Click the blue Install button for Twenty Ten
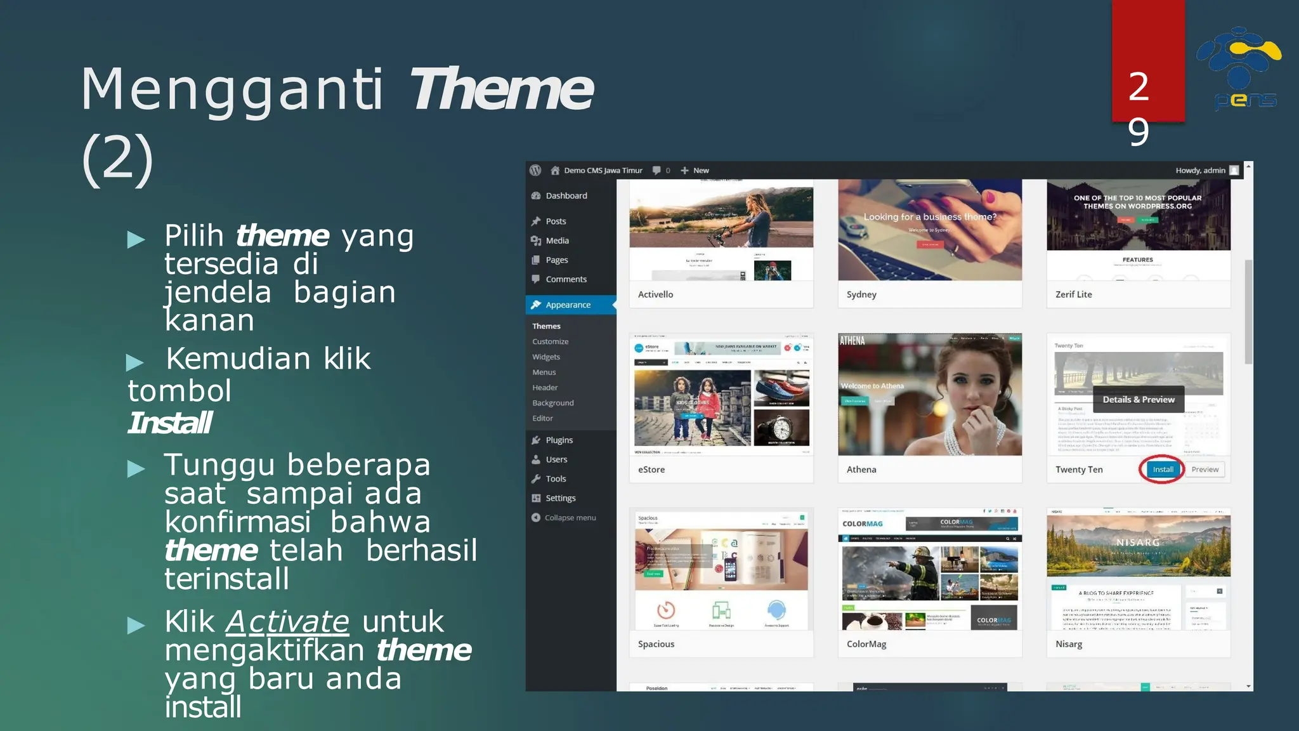coord(1163,470)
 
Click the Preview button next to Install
coord(1204,470)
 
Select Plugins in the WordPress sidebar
coord(559,440)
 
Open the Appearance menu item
coord(568,305)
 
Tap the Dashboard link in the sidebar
coord(566,196)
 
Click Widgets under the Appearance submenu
coord(546,357)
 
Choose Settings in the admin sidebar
coord(560,498)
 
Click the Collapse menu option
coord(570,518)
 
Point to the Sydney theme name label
coord(861,294)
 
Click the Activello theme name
coord(655,294)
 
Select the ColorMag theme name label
coord(866,644)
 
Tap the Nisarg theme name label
coord(1069,644)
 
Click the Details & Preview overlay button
coord(1139,400)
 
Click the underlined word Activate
coord(287,622)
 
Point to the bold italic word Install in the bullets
coord(170,423)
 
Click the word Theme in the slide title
coord(501,89)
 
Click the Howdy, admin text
coord(1200,171)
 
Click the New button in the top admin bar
coord(695,171)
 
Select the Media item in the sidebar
coord(557,240)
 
